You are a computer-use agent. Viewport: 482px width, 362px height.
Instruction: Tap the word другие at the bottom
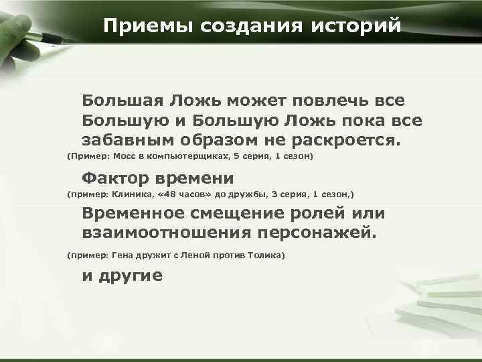coord(131,276)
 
